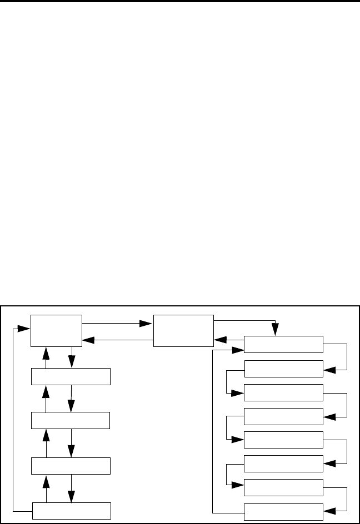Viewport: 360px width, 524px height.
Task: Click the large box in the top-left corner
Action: tap(57, 330)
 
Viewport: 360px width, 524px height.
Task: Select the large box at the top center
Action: tap(183, 330)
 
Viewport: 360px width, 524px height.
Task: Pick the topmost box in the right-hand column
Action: tap(283, 344)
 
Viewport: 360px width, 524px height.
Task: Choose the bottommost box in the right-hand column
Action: tap(283, 511)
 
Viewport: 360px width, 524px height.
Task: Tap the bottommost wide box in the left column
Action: tap(71, 511)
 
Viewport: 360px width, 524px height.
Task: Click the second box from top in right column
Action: tap(283, 368)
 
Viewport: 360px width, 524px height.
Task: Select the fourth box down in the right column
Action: tap(283, 416)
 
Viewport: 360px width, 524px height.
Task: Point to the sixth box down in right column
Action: tap(283, 463)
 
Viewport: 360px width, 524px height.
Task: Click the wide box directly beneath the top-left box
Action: tap(71, 376)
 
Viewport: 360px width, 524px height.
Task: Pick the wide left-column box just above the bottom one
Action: tap(71, 466)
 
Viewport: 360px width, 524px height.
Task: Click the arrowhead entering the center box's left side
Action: tap(147, 323)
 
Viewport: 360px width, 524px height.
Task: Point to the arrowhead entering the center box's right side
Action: tap(219, 339)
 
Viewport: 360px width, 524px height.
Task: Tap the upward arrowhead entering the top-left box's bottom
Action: tap(46, 352)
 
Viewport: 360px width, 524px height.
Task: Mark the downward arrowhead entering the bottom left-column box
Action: tap(72, 497)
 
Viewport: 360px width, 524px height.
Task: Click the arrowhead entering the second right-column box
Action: tap(329, 368)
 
